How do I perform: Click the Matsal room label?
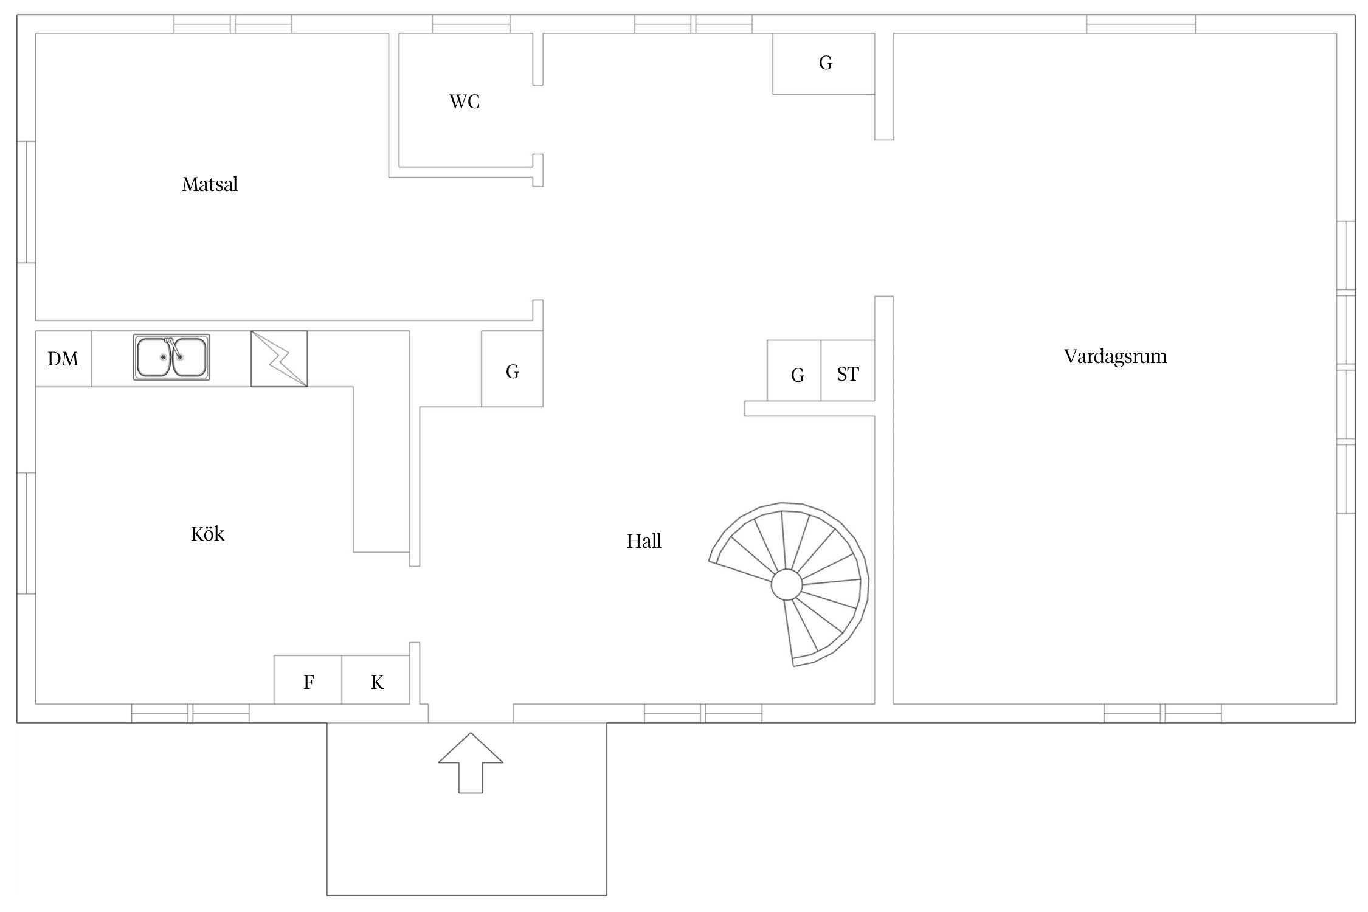[210, 184]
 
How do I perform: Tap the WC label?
[465, 102]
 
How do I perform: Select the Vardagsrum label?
[1115, 356]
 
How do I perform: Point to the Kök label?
[207, 534]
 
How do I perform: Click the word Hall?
[644, 541]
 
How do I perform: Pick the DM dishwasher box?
[64, 359]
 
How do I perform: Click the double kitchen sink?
[171, 357]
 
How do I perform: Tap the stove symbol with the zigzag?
[279, 359]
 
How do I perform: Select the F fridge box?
[308, 680]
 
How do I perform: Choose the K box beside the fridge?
[376, 680]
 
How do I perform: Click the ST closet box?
[848, 370]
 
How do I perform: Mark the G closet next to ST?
[794, 370]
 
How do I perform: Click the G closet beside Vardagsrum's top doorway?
[824, 64]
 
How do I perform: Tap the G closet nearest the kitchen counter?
[512, 368]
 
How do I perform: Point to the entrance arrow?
[471, 762]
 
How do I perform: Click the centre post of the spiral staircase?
[787, 585]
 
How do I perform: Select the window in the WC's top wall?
[471, 24]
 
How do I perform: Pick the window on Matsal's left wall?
[26, 202]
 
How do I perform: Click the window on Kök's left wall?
[26, 533]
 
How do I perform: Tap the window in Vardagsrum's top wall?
[1141, 24]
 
